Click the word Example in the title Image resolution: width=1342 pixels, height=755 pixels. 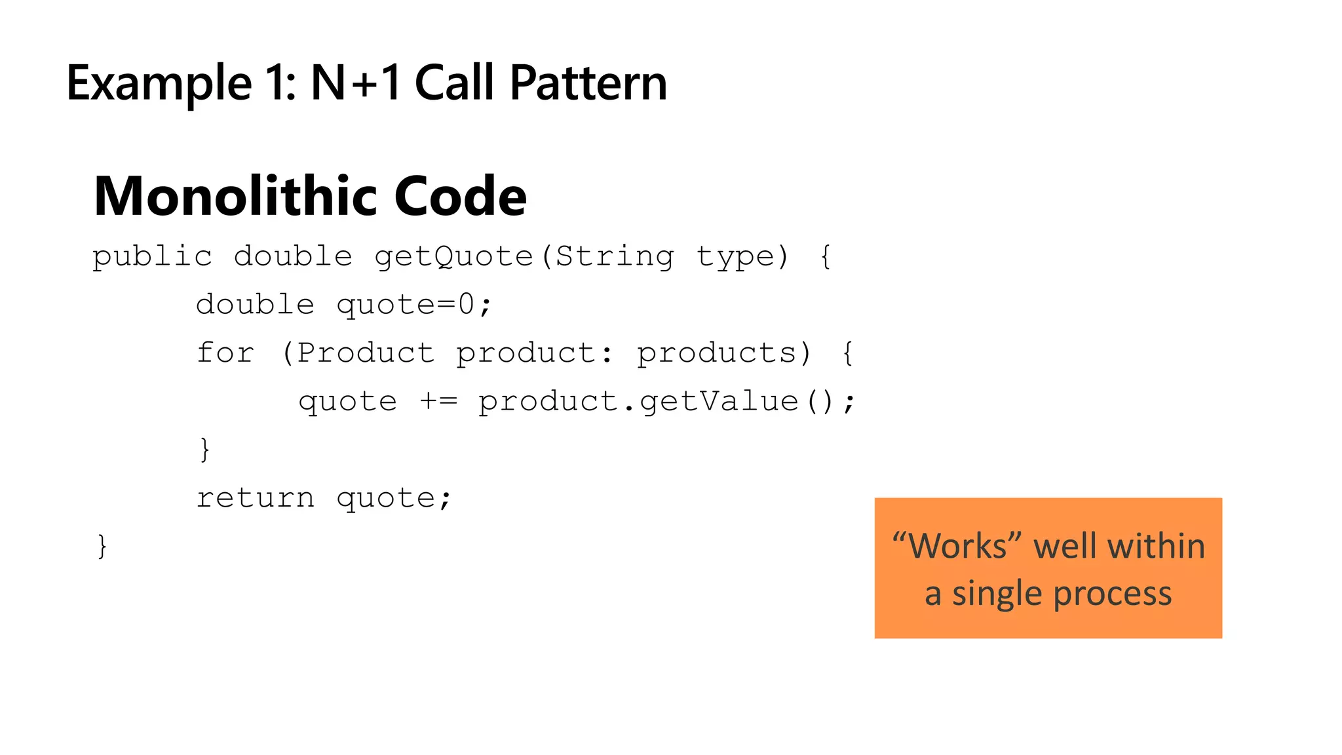click(x=159, y=83)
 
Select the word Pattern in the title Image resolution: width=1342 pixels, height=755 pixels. click(x=588, y=83)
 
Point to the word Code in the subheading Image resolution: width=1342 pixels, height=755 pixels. click(x=460, y=196)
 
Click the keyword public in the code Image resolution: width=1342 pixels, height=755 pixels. click(x=152, y=256)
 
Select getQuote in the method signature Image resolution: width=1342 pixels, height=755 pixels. click(x=453, y=256)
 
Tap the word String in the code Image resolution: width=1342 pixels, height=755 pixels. click(x=615, y=256)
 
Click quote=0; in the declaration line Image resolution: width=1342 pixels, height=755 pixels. click(x=413, y=305)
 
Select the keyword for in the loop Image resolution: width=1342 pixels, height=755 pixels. click(x=225, y=353)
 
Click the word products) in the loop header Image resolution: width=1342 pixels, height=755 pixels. click(x=724, y=353)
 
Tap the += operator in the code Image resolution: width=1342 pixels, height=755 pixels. click(x=438, y=401)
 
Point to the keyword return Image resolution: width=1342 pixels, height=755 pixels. click(x=256, y=498)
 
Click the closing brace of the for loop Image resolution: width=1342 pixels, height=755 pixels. click(x=205, y=450)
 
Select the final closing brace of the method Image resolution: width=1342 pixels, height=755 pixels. click(x=102, y=546)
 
